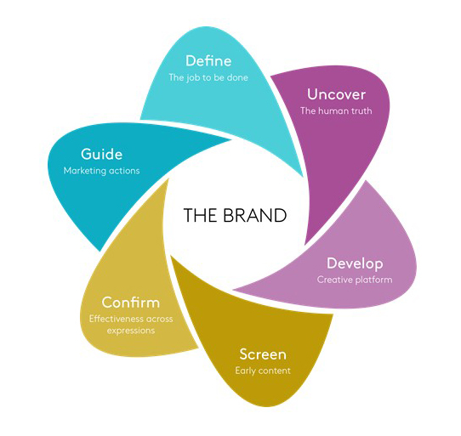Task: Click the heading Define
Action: point(208,61)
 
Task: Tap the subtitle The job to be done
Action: point(208,77)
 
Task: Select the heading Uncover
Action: point(336,94)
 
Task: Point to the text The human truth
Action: point(336,110)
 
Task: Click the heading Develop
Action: point(355,263)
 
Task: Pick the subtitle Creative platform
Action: point(355,280)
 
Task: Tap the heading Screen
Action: point(263,354)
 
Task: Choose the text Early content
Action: point(263,371)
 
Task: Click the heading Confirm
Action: point(131,303)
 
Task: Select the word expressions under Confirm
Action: point(131,331)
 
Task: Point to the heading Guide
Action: point(102,154)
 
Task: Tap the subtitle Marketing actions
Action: point(102,171)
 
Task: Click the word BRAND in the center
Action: point(254,215)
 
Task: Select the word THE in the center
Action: point(201,215)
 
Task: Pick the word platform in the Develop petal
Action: point(374,280)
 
